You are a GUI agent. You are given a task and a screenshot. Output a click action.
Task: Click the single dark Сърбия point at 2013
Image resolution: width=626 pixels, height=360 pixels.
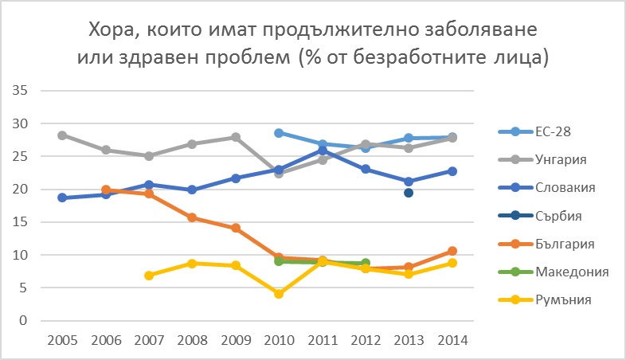(x=409, y=193)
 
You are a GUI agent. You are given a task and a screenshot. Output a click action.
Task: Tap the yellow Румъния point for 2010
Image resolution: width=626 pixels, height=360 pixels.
(x=279, y=294)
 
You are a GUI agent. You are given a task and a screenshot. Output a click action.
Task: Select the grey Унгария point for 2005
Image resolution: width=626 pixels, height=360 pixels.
(x=62, y=135)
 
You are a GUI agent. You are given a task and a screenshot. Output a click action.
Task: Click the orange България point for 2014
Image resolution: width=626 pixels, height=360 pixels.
(x=452, y=251)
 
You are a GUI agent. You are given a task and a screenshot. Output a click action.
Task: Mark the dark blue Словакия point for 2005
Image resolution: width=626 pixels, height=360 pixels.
(x=62, y=198)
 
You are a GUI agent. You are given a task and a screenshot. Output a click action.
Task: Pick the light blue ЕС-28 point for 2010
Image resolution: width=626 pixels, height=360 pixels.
(x=279, y=133)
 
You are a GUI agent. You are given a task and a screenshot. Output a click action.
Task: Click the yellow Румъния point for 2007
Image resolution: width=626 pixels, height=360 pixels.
(x=149, y=276)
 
